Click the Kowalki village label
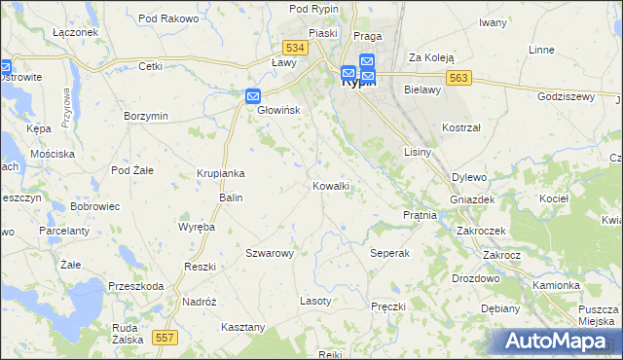point(331,186)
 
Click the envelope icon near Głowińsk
point(252,95)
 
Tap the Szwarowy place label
point(270,253)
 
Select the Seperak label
point(390,253)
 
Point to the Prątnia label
point(420,214)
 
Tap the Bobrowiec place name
point(94,207)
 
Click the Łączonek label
point(77,32)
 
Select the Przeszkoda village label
point(136,286)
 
